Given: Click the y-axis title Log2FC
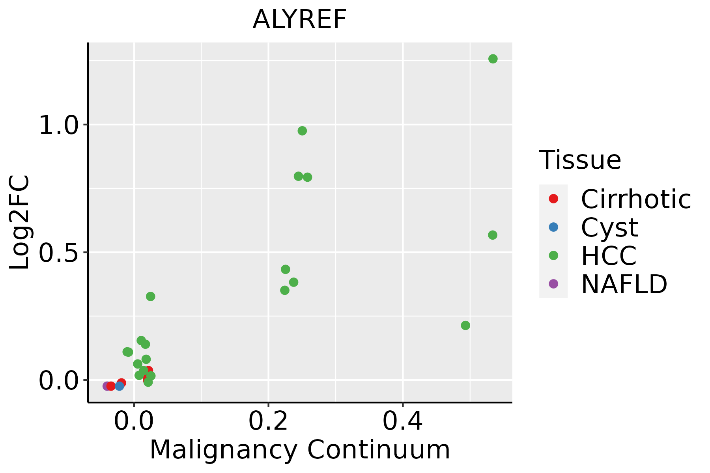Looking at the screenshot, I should (x=20, y=222).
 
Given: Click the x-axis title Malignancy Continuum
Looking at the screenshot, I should (x=300, y=450).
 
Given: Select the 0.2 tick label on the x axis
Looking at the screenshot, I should (x=268, y=421).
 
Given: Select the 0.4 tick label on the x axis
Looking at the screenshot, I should (x=403, y=421).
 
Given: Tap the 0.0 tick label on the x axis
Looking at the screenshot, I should (x=134, y=421).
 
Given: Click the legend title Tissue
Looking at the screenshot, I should (x=580, y=160).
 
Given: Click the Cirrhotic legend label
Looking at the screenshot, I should (x=636, y=199).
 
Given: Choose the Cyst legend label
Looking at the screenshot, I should (x=609, y=227).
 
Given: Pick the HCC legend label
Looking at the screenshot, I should (x=609, y=255).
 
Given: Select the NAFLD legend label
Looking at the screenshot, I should (x=624, y=284).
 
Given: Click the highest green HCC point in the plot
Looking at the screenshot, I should (x=493, y=59).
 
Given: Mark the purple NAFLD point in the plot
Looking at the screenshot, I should (x=106, y=386).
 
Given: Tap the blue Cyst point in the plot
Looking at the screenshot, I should (x=120, y=386).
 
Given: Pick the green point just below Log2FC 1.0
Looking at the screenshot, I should (x=302, y=131).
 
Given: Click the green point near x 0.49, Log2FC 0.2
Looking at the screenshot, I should (x=465, y=325).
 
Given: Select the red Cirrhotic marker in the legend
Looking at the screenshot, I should (x=553, y=199).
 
